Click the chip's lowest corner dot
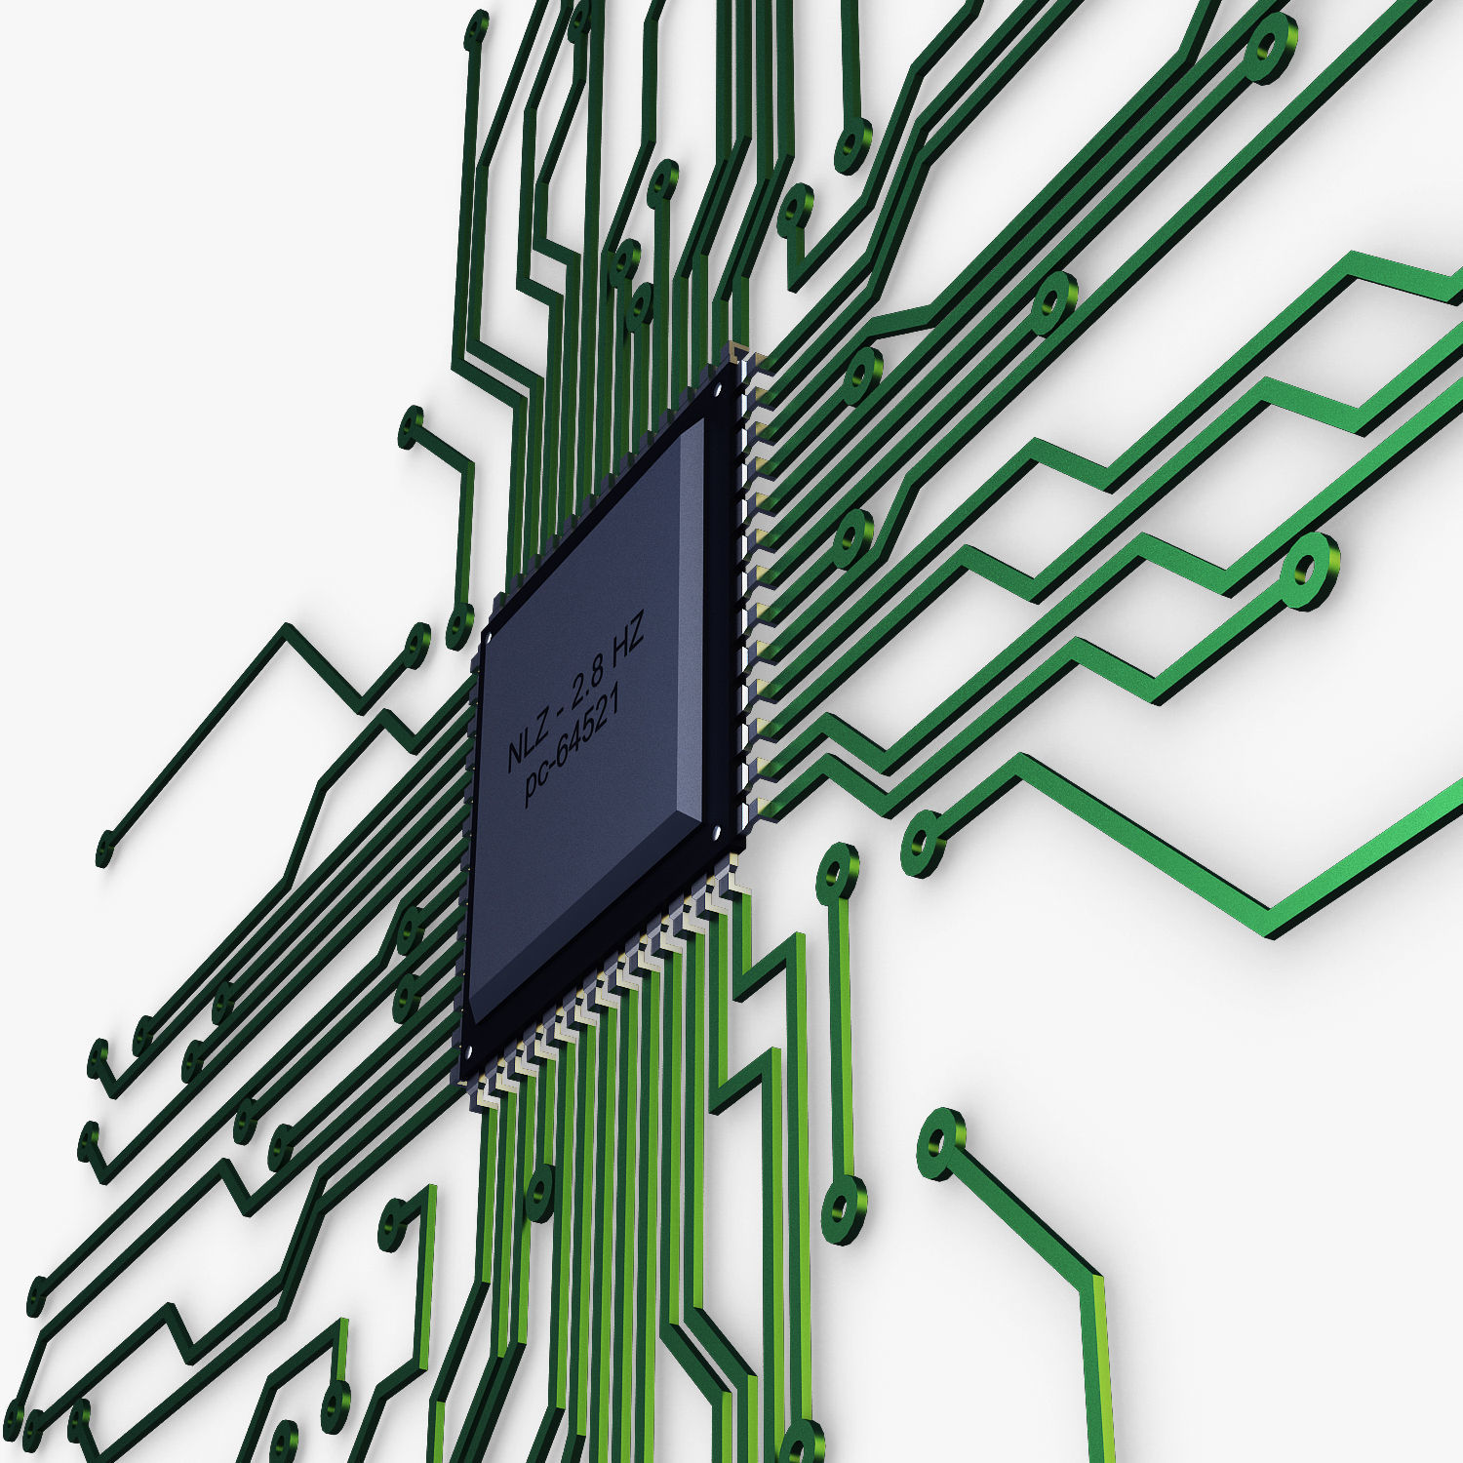click(x=467, y=1052)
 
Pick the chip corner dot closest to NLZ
click(x=491, y=634)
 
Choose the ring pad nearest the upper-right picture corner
click(x=1270, y=46)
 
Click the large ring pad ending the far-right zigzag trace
click(x=1308, y=572)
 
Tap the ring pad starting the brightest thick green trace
click(x=922, y=841)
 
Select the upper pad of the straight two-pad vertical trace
click(x=838, y=870)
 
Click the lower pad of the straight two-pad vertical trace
click(x=843, y=1209)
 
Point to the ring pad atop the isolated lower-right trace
click(x=939, y=1141)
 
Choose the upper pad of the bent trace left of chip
click(x=413, y=428)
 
